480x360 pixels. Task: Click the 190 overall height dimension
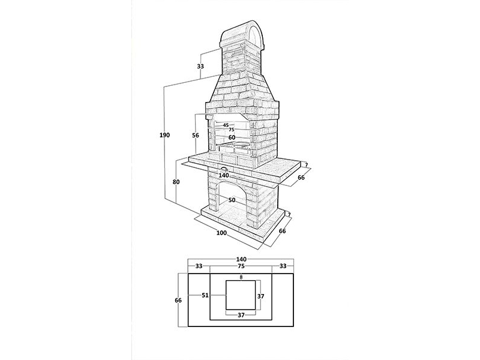(x=164, y=135)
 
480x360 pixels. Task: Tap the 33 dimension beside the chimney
(x=200, y=66)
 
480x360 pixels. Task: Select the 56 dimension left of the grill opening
(x=196, y=136)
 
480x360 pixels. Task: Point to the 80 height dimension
(x=176, y=182)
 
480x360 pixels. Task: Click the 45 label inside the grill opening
(x=226, y=125)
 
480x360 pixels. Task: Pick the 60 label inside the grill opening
(x=232, y=138)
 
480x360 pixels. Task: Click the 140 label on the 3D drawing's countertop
(x=224, y=175)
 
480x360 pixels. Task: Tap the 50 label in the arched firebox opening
(x=232, y=200)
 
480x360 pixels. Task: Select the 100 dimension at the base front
(x=221, y=233)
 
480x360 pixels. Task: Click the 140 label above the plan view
(x=241, y=260)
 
